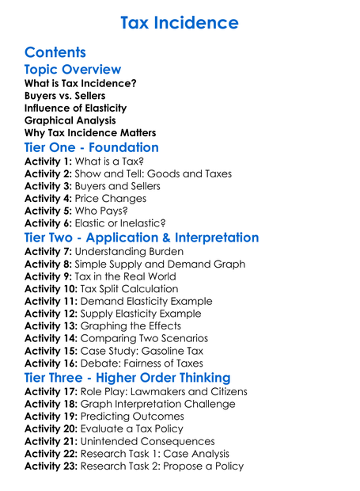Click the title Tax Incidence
tap(180, 22)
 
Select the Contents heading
tap(55, 53)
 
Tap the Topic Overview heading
tap(73, 70)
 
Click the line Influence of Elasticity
tap(75, 108)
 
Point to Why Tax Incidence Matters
tap(90, 133)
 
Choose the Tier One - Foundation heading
tap(92, 148)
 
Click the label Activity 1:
tap(48, 161)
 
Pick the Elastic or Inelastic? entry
tap(119, 224)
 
